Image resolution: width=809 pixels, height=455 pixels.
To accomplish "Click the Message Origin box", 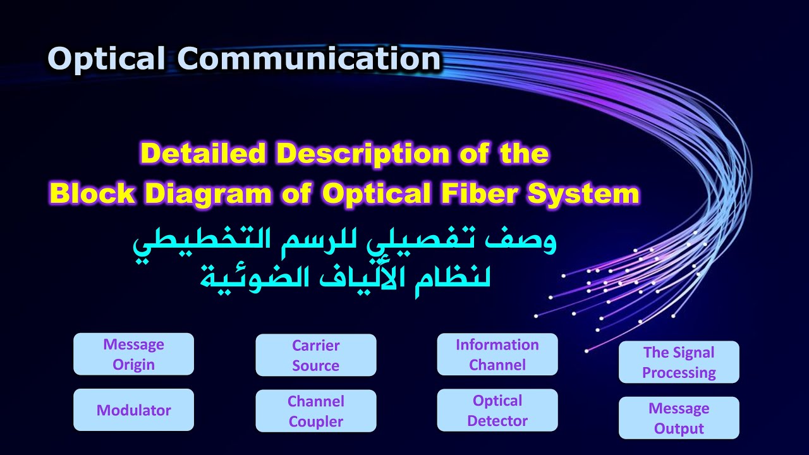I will coord(133,355).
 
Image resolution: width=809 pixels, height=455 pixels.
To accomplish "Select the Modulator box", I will coord(133,410).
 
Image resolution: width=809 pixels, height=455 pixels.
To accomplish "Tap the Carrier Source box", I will coord(315,355).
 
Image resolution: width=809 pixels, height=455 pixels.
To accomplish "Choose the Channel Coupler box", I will coord(315,411).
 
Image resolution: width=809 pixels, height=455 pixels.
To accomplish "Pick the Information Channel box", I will coord(497,355).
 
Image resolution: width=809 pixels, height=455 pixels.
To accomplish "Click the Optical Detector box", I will coord(497,410).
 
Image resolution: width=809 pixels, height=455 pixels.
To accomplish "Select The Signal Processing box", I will coord(679,362).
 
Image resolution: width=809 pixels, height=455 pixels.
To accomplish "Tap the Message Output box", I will coord(679,418).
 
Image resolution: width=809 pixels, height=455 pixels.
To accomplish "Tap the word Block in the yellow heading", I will coord(92,194).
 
